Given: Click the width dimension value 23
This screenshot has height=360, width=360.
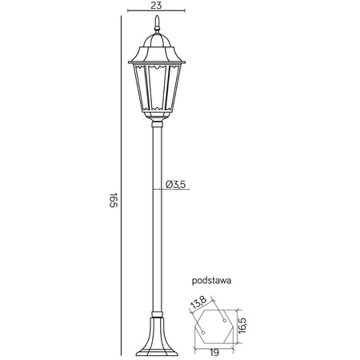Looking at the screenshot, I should tap(157, 5).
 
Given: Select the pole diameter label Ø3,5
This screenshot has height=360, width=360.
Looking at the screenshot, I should tap(176, 184).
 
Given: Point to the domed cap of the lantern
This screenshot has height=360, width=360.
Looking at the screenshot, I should tap(157, 42).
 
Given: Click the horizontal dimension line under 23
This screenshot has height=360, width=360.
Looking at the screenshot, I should tap(157, 12).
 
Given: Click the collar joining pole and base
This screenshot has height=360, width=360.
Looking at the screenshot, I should tap(157, 313).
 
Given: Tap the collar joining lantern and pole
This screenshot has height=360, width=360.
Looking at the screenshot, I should tap(157, 122).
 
